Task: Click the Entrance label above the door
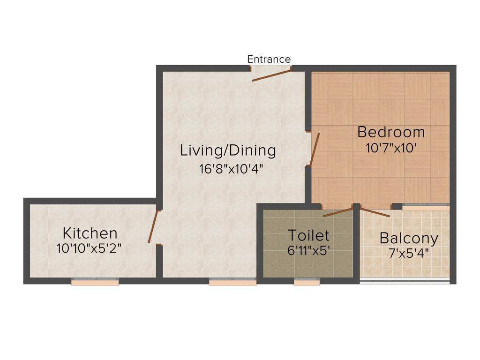click(x=269, y=60)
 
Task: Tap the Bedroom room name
click(x=391, y=132)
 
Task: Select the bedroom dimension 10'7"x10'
click(x=391, y=148)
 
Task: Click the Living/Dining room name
click(x=228, y=150)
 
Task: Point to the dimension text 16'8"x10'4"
click(x=228, y=169)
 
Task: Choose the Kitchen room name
click(x=90, y=232)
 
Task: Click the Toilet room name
click(x=308, y=235)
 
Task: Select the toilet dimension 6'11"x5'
click(x=309, y=250)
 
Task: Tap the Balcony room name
click(x=409, y=238)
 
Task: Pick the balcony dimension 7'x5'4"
click(x=409, y=254)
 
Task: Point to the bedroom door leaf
click(x=315, y=149)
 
